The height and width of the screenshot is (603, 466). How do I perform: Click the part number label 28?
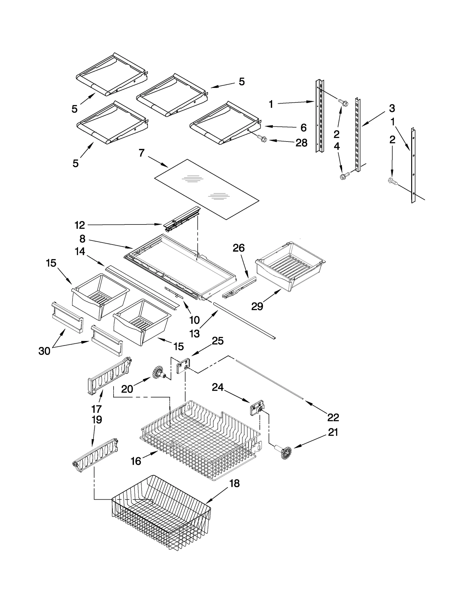[x=301, y=143]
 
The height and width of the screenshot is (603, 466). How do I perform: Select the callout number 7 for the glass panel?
[x=142, y=153]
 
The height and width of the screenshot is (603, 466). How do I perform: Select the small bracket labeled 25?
[x=183, y=366]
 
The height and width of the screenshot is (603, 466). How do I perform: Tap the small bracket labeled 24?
[x=256, y=406]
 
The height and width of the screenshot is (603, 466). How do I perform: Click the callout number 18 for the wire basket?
[x=234, y=483]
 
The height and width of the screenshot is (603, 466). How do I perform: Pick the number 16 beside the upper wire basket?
[x=136, y=461]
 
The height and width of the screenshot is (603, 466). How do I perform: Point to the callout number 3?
[x=392, y=108]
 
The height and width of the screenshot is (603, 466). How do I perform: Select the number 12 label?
[x=80, y=225]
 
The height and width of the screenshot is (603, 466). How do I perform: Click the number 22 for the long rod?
[x=333, y=418]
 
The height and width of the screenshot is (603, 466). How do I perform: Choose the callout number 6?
[x=303, y=128]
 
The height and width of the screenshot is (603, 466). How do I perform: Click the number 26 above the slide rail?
[x=239, y=248]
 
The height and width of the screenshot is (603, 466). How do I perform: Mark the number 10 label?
[x=194, y=320]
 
